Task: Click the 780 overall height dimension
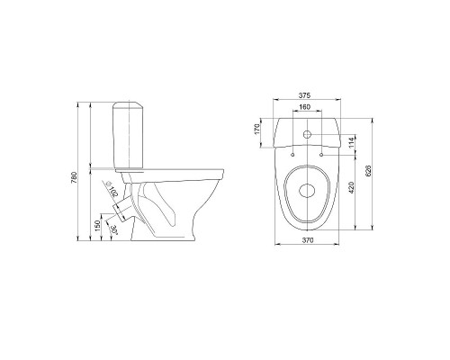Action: [x=75, y=177]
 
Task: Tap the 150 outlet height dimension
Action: [x=97, y=226]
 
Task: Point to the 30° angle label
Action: [x=113, y=229]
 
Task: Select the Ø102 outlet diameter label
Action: [x=111, y=189]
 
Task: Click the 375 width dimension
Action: [x=304, y=95]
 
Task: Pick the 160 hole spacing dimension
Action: [x=305, y=107]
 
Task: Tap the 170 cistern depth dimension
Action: [x=256, y=129]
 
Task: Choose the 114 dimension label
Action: [x=352, y=143]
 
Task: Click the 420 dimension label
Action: [x=352, y=187]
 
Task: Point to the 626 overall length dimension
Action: [x=369, y=171]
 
